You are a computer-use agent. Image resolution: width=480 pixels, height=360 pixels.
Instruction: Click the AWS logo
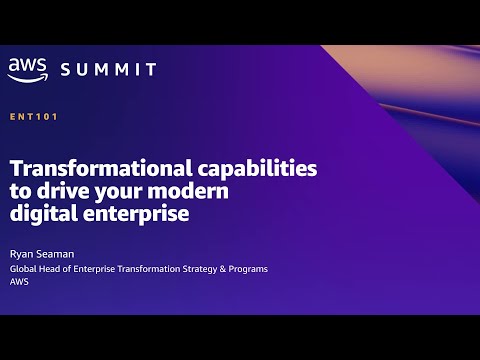click(x=27, y=68)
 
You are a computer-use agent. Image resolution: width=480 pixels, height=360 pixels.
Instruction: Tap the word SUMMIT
click(x=109, y=69)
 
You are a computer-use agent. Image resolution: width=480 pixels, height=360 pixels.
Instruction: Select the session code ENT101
click(x=33, y=117)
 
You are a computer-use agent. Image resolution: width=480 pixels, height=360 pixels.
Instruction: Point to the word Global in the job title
click(x=24, y=269)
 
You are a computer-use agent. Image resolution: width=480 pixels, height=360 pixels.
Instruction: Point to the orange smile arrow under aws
click(x=27, y=77)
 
